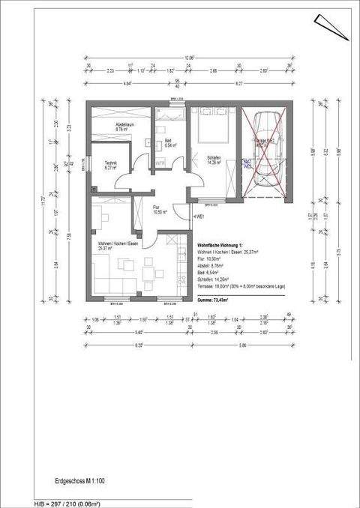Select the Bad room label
[169, 144]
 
